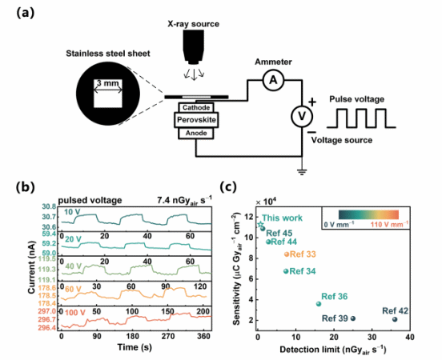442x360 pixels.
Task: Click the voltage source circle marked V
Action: (302, 116)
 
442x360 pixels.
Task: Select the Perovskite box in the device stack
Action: (196, 120)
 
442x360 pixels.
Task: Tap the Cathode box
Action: (196, 108)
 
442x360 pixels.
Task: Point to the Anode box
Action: (196, 133)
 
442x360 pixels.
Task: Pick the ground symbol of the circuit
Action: (302, 171)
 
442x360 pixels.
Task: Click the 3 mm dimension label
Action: (108, 83)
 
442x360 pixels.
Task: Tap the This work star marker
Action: (261, 224)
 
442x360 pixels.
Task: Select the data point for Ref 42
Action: (395, 319)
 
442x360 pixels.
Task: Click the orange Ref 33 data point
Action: (287, 254)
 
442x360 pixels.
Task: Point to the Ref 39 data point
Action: (352, 318)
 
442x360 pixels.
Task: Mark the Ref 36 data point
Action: (319, 304)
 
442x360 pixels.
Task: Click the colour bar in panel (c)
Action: (368, 214)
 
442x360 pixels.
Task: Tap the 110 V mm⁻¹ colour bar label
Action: (389, 225)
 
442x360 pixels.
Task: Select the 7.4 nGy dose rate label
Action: (184, 200)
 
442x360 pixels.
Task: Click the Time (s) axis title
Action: (135, 347)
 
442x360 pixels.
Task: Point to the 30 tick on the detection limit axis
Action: (372, 338)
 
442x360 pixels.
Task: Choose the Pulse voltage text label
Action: (357, 99)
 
